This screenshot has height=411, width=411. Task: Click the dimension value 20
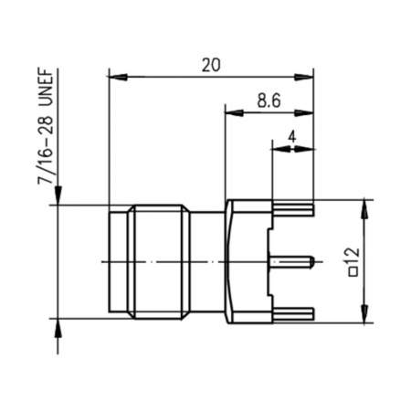210,65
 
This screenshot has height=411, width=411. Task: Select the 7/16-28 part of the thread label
43,158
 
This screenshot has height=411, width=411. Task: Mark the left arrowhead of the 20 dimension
113,78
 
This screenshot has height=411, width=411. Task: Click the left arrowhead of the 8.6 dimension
231,113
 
